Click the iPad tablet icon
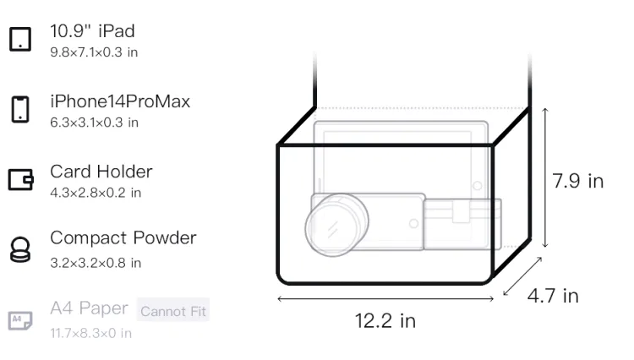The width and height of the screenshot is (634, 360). tap(20, 39)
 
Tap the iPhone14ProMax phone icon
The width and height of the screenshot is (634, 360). tap(20, 109)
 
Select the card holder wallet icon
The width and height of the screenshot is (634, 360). tap(20, 179)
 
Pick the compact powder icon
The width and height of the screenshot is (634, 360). tap(20, 249)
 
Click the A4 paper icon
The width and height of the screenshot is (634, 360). tap(20, 320)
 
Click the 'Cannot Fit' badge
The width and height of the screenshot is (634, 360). tap(173, 310)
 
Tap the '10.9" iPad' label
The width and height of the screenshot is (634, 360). tap(92, 31)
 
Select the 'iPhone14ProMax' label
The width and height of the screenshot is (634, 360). tap(120, 101)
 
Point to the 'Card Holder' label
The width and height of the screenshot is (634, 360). tap(101, 172)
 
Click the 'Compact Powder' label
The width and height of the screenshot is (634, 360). tap(123, 238)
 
